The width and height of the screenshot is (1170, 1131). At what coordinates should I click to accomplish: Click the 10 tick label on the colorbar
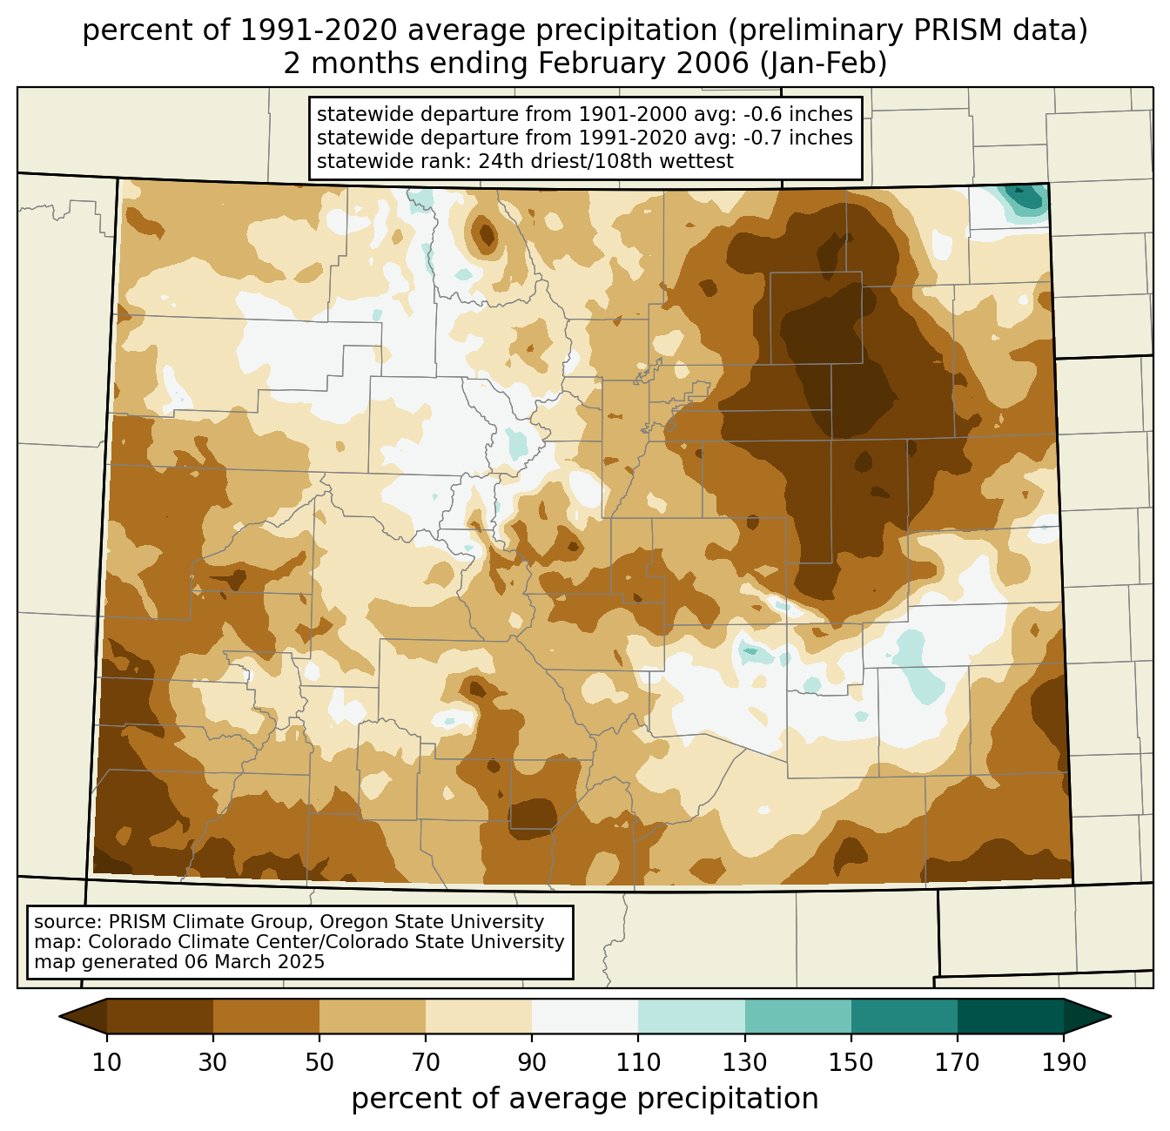(x=107, y=1063)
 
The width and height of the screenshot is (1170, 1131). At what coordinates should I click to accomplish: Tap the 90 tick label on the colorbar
(x=532, y=1063)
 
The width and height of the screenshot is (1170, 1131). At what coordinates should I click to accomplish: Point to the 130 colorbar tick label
(x=745, y=1063)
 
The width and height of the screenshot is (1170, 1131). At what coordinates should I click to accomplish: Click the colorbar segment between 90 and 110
(x=585, y=1016)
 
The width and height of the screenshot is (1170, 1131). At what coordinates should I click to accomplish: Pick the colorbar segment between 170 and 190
(x=1011, y=1016)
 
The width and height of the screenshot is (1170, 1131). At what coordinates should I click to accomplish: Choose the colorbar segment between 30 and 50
(x=266, y=1016)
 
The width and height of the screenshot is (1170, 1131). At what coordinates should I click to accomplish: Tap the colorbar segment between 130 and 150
(x=798, y=1016)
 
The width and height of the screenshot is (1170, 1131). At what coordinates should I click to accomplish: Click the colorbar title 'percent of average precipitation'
(x=585, y=1099)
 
